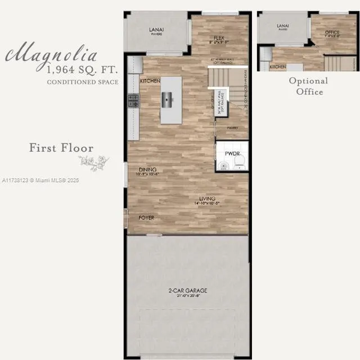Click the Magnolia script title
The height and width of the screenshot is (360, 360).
coord(52,55)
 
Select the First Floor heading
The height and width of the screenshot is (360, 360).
coord(61,148)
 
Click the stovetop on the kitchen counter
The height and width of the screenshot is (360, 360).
coord(134,101)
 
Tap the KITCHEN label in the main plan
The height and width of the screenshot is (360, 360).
coord(150,81)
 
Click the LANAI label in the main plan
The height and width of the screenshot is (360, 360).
coord(156,30)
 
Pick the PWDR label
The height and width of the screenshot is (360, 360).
coord(232,152)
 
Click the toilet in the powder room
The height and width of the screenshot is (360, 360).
coord(238,163)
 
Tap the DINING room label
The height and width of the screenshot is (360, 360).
coord(148,169)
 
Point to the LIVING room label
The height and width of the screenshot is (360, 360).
coord(208,198)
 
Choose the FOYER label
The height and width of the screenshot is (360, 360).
coord(146,218)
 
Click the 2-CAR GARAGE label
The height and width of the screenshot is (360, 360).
coord(187,291)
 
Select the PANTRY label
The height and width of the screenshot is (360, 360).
coord(232,128)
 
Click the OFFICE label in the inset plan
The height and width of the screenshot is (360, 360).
coord(332,33)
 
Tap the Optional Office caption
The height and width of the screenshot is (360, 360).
coord(308,86)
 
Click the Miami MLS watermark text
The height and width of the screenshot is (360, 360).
coord(40,181)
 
